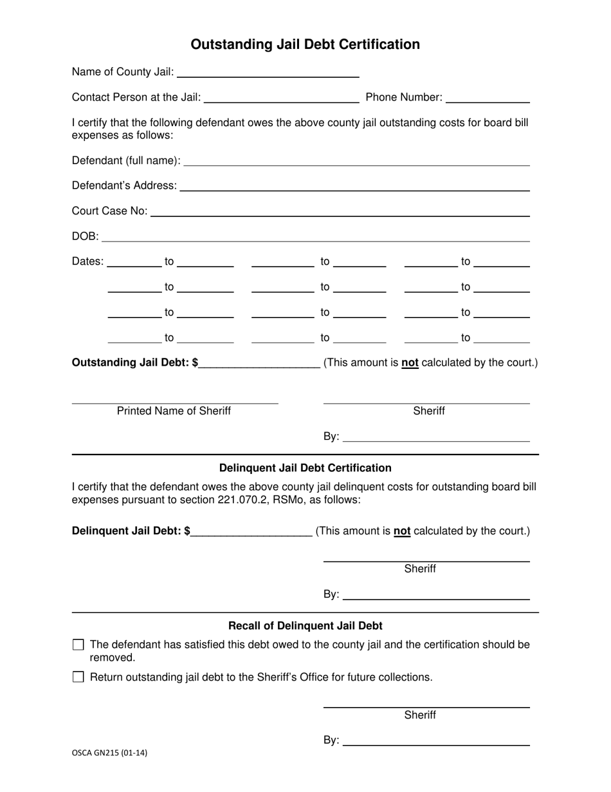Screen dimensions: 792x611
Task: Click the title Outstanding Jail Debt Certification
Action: pyautogui.click(x=305, y=44)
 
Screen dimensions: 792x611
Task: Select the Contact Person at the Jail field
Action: pyautogui.click(x=281, y=98)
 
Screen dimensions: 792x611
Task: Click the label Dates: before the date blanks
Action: pyautogui.click(x=87, y=261)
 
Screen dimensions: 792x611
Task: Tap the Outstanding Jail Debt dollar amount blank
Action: pyautogui.click(x=260, y=363)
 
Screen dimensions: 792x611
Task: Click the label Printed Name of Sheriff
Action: pyautogui.click(x=174, y=411)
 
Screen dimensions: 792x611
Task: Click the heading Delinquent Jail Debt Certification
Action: pyautogui.click(x=305, y=468)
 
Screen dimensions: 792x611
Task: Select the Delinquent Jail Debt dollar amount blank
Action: pyautogui.click(x=251, y=532)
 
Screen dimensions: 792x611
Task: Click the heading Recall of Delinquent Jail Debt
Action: pyautogui.click(x=305, y=626)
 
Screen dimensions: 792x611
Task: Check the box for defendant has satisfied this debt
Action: pyautogui.click(x=78, y=645)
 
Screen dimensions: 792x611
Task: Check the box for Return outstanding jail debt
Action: pyautogui.click(x=78, y=677)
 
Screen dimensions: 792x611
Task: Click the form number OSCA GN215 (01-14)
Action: pyautogui.click(x=109, y=752)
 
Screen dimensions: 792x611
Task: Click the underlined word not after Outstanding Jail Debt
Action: pyautogui.click(x=410, y=363)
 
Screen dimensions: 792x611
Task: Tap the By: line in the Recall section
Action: pyautogui.click(x=436, y=741)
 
